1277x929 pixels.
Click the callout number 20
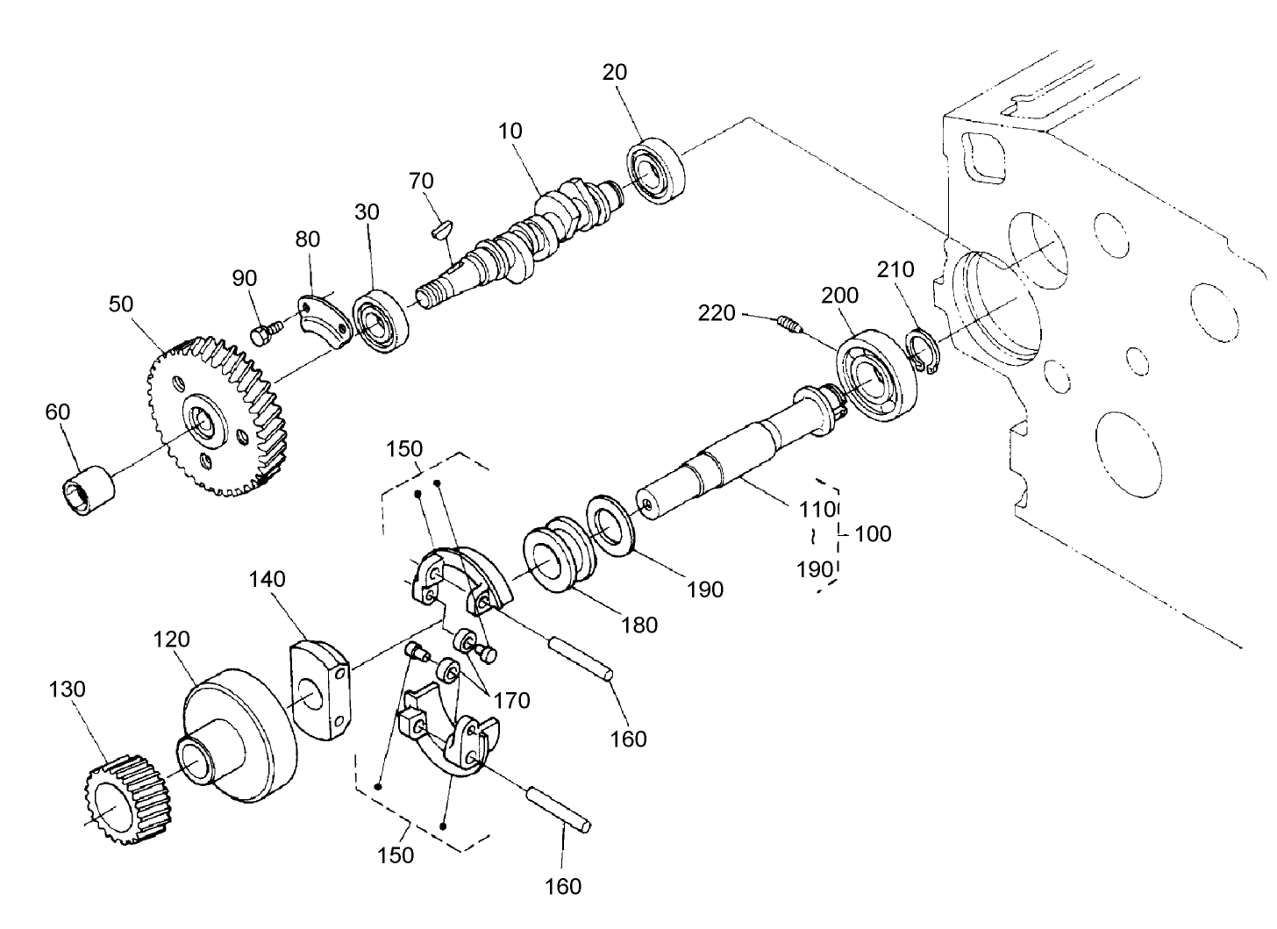(x=615, y=72)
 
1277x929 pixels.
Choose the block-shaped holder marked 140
(x=320, y=690)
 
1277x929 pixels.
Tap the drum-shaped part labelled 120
(x=239, y=734)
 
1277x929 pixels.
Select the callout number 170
(x=511, y=700)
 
